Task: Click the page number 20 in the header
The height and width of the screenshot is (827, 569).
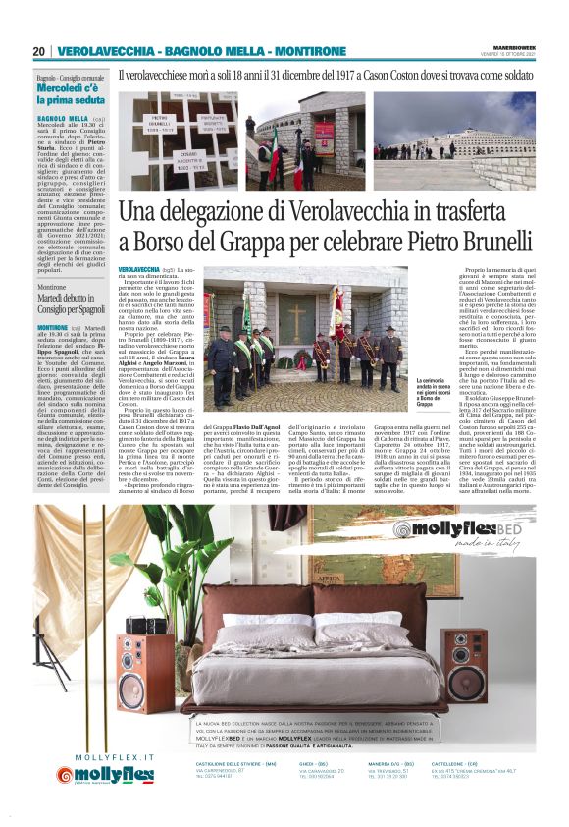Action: point(39,51)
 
